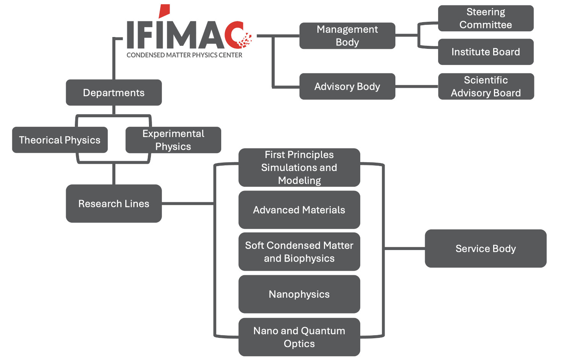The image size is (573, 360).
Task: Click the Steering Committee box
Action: pos(486,18)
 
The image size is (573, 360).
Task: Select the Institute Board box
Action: pos(486,52)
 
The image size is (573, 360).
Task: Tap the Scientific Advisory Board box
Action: pos(486,87)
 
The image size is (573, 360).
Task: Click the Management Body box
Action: pos(347,36)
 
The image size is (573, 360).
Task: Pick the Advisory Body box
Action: pos(347,87)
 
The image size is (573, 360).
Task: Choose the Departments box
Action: pos(113,93)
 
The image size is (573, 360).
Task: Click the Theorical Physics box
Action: pos(60,140)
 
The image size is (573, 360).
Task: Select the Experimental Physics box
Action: pos(173,140)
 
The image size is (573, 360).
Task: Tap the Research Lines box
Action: pos(113,203)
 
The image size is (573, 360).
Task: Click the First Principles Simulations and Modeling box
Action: pos(299,168)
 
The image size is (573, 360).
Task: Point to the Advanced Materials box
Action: pos(299,210)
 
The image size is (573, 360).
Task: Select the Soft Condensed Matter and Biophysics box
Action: pos(299,252)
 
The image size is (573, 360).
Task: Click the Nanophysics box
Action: pos(299,294)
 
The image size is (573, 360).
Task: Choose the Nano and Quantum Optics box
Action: pos(299,337)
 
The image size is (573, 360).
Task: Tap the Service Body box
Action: pos(486,249)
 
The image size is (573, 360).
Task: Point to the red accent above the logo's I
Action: pos(164,11)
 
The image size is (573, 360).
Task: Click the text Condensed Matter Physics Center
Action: pos(184,55)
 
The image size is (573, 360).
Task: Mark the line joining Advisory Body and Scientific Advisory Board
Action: pos(416,87)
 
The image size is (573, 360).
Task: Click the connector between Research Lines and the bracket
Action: pos(187,203)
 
